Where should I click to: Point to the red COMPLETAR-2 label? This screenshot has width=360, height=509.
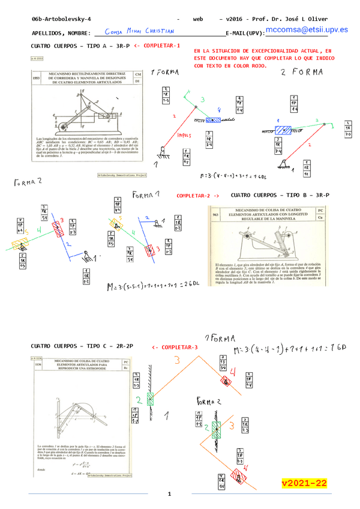198,196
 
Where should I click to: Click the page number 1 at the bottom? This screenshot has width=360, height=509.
170,493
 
